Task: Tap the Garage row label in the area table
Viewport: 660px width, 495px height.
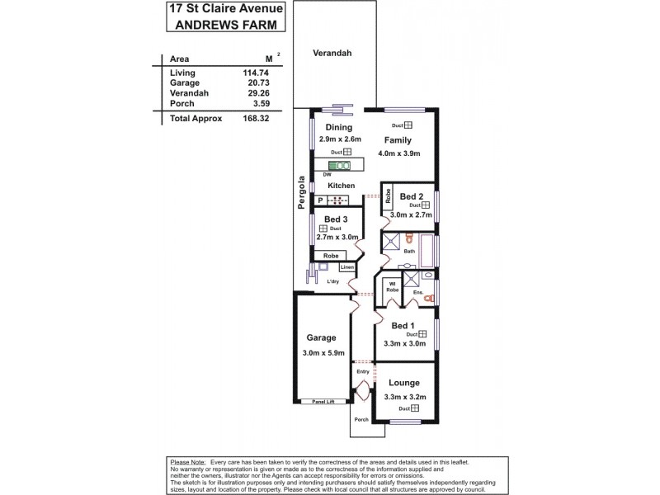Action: [184, 83]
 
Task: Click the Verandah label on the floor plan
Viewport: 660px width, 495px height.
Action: [332, 53]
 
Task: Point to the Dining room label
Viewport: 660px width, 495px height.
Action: [338, 128]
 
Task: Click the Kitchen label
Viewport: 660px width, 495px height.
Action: [341, 186]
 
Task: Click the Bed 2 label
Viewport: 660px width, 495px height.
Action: [412, 196]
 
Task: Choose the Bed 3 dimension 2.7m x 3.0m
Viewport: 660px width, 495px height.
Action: [336, 237]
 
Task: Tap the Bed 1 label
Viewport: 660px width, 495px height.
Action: [404, 325]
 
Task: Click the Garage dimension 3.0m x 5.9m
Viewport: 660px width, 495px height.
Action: [322, 354]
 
